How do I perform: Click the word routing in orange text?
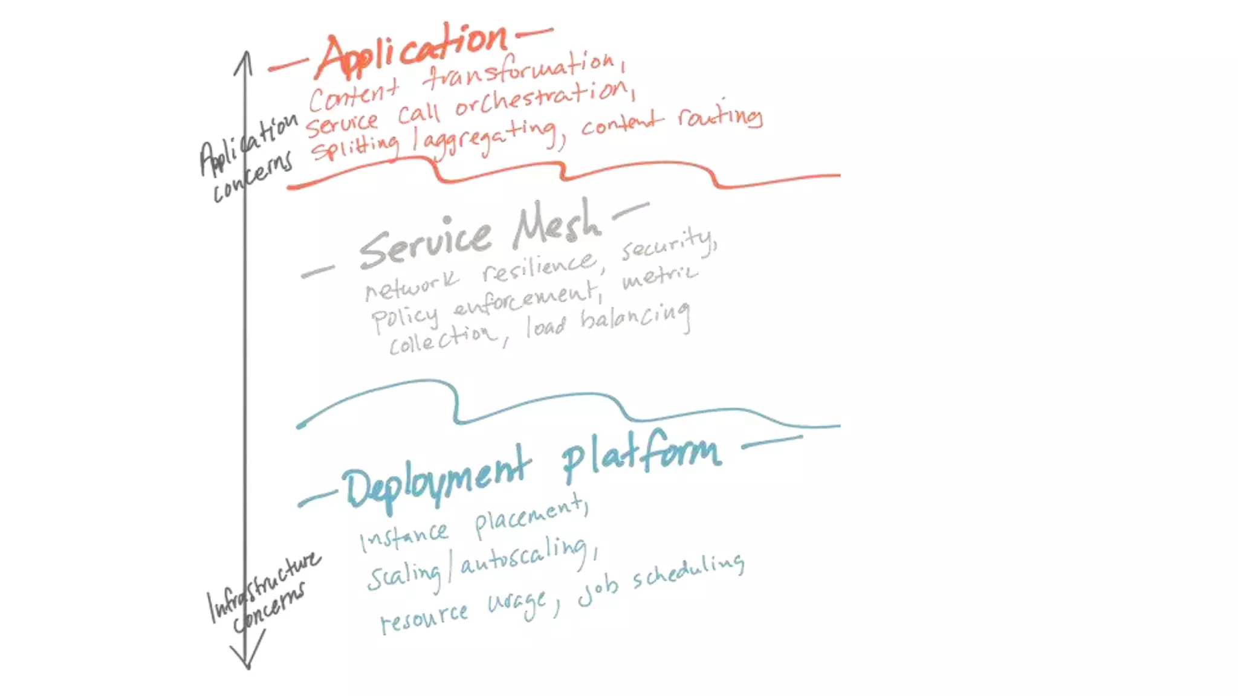click(719, 115)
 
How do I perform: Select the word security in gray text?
click(669, 245)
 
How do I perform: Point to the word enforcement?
click(526, 300)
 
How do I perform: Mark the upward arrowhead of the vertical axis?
click(244, 57)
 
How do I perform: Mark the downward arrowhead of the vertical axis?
click(247, 662)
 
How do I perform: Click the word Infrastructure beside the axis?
click(263, 585)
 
